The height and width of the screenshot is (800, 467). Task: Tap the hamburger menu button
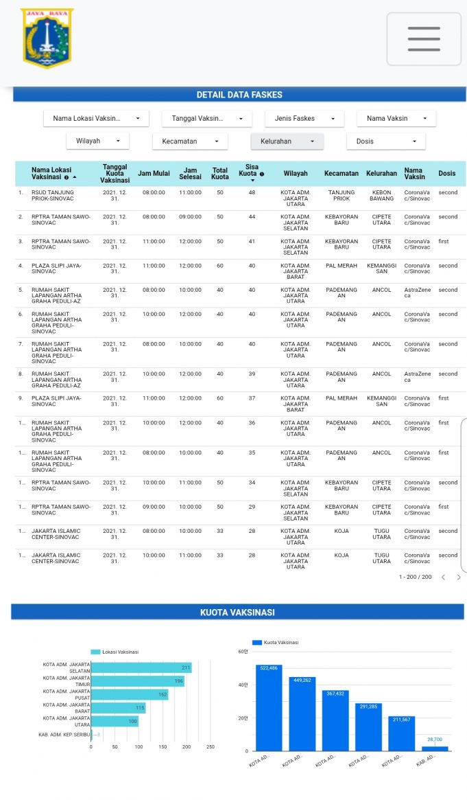[x=424, y=38]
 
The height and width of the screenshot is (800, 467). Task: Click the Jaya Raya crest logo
[x=47, y=38]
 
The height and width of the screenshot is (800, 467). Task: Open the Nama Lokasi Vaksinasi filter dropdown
[x=96, y=119]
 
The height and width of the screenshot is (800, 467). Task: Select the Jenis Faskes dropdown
[x=304, y=119]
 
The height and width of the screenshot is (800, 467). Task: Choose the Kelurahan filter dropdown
[x=287, y=141]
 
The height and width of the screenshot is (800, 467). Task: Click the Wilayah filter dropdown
[x=97, y=141]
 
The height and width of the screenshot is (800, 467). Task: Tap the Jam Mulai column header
[x=154, y=174]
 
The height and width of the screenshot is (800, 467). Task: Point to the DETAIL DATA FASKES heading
[x=239, y=95]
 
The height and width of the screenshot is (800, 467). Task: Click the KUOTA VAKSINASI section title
[x=237, y=612]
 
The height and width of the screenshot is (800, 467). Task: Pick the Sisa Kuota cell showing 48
[x=252, y=193]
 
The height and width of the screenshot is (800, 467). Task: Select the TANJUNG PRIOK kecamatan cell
[x=341, y=196]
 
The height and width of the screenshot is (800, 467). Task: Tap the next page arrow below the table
[x=458, y=578]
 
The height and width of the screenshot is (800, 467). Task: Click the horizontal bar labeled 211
[x=141, y=667]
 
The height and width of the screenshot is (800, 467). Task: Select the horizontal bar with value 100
[x=114, y=721]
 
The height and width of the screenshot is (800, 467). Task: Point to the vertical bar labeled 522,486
[x=269, y=707]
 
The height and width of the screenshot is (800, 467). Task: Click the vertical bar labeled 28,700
[x=435, y=748]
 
